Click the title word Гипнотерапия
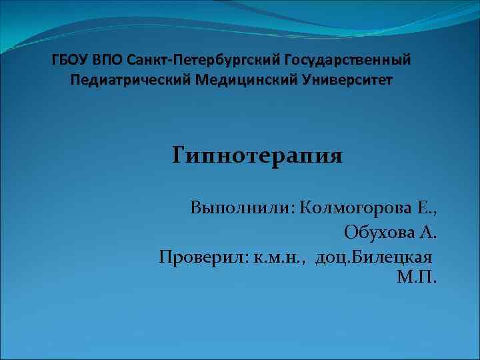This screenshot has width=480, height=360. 257,158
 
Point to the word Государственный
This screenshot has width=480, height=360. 347,61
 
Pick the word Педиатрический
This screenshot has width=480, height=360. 129,81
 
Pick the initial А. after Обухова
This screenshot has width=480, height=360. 429,232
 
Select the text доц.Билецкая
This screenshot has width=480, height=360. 374,257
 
